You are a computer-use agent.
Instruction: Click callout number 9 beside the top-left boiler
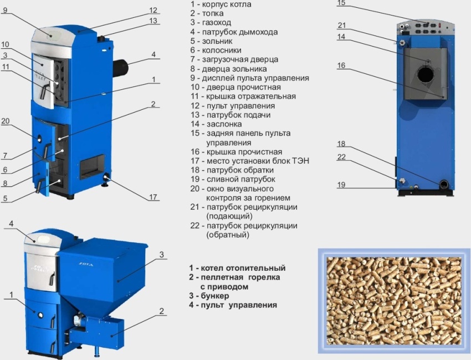[5, 10]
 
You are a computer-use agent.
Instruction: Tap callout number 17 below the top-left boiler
[153, 197]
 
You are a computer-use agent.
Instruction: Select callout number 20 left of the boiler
[6, 121]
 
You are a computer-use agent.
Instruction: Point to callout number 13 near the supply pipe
[153, 21]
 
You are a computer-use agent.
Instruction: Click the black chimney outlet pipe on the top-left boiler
[120, 67]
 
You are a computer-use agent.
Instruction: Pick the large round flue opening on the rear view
[426, 74]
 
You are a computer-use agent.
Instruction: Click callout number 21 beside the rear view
[342, 26]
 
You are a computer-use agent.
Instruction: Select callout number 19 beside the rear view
[341, 185]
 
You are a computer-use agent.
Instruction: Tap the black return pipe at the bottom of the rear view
[444, 184]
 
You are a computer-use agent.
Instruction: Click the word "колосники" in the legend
[222, 50]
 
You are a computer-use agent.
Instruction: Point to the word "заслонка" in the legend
[224, 124]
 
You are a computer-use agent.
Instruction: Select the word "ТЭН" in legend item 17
[301, 161]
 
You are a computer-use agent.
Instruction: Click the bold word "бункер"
[215, 296]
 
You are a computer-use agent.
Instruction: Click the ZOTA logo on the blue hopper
[86, 265]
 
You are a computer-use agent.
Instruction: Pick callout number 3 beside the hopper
[162, 255]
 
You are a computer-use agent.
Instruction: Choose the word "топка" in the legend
[213, 13]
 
